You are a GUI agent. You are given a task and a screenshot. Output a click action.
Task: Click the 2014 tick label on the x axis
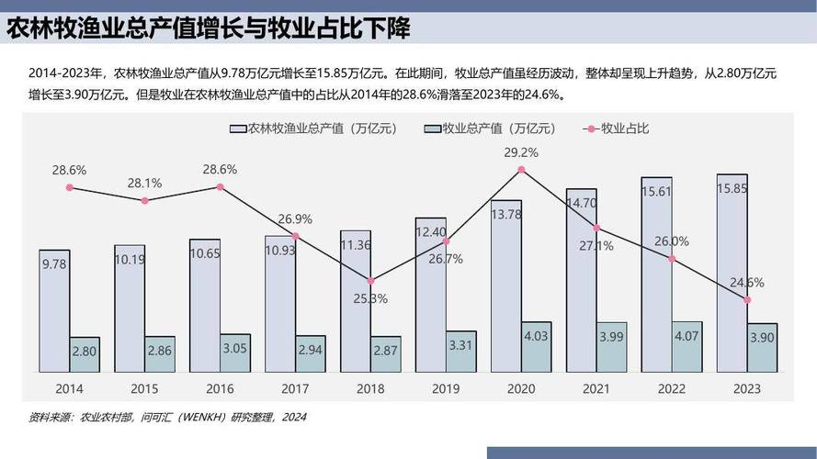pos(69,389)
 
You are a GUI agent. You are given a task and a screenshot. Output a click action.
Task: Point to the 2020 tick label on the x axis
pos(521,389)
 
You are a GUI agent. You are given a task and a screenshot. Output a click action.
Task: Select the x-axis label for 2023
pos(747,389)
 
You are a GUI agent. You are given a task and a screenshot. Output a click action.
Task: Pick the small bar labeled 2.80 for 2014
pos(85,354)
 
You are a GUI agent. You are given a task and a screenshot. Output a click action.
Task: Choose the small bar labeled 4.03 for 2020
pos(537,347)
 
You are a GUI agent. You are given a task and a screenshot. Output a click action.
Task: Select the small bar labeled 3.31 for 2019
pos(461,352)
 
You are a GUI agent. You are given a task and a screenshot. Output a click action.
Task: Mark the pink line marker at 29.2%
pos(521,170)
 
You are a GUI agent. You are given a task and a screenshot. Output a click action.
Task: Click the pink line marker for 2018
pos(370,280)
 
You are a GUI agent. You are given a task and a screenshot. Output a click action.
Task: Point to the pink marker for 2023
pos(747,299)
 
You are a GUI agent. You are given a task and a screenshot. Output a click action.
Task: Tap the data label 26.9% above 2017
pos(295,219)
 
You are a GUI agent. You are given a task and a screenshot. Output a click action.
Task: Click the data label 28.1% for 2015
pos(144,183)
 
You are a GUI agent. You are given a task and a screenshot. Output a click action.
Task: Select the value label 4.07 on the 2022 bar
pos(687,336)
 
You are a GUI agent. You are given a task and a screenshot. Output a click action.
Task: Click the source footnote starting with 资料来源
pos(166,418)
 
